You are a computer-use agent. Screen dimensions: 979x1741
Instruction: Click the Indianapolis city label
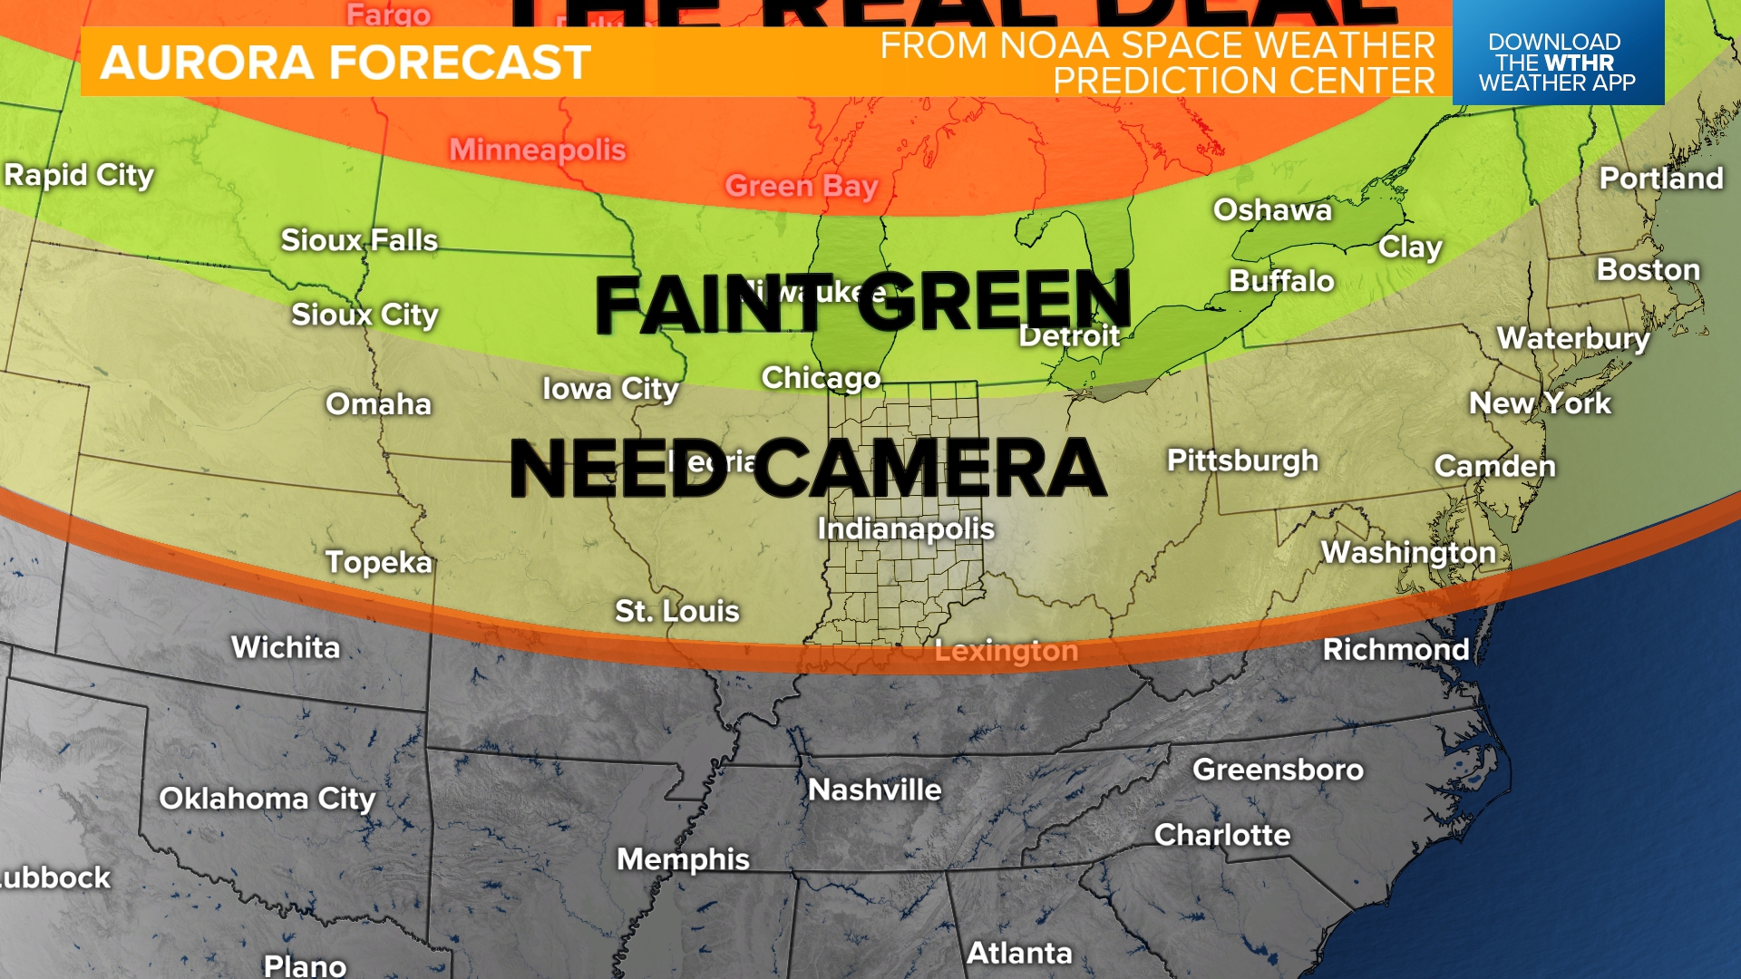coord(905,528)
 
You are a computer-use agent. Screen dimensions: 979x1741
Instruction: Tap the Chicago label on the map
coord(821,378)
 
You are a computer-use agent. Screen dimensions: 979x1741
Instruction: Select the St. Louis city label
coord(676,611)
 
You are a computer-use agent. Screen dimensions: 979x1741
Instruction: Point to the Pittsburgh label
coord(1241,460)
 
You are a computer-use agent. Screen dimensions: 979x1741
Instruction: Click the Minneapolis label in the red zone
coord(537,150)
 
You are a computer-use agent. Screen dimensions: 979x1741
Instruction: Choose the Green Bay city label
coord(801,186)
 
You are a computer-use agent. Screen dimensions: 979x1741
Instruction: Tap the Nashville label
coord(874,790)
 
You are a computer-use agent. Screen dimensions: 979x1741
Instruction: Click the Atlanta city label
coord(1018,953)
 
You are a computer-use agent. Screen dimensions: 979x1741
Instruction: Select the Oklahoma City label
coord(267,799)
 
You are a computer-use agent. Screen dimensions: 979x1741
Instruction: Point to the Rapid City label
coord(79,175)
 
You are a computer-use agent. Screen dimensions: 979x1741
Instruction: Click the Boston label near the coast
coord(1647,270)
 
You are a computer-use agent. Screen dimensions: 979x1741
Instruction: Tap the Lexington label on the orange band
coord(1006,651)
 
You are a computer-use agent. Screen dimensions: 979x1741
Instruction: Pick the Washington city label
coord(1407,552)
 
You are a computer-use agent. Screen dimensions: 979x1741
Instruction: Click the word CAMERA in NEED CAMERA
coord(929,469)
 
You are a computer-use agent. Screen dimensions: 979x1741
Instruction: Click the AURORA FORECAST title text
coord(345,63)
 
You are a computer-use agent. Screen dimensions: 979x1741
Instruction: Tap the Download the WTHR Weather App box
coord(1557,62)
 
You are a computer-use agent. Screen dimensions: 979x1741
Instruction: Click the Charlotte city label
coord(1221,835)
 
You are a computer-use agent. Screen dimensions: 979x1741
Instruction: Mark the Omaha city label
coord(378,404)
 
